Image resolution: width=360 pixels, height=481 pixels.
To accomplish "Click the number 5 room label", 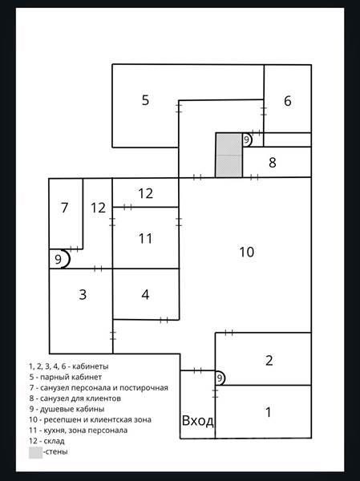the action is pos(145,100).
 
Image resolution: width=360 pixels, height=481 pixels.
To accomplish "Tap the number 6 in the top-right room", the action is pos(288,101).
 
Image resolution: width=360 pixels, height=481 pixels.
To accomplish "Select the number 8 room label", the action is pos(273,162).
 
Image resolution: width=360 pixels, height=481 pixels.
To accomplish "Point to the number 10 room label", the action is pos(246,252).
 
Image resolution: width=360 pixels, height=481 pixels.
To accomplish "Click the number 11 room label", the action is pos(145,238).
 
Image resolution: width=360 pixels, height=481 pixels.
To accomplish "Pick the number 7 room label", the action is pos(64,208).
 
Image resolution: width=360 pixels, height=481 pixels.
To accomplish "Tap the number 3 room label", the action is pos(83,294).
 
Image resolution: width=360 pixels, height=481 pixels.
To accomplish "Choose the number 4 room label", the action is pos(145,294).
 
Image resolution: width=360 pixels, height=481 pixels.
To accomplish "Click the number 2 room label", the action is pos(269,361).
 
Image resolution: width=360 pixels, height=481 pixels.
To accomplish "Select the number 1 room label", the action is pos(269,412).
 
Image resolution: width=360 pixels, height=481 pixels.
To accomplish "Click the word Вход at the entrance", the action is pos(198,420).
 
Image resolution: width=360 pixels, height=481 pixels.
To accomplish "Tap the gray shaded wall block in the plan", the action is pos(229,156).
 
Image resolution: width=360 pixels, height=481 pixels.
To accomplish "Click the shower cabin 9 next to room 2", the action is pos(220,378).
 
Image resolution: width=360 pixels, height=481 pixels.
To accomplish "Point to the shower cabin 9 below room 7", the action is pos(60,259).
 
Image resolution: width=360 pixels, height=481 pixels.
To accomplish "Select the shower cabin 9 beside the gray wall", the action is pos(247,139).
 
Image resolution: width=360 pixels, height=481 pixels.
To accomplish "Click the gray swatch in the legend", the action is pos(35,453).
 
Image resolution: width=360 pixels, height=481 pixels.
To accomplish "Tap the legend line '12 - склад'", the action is pos(47,441).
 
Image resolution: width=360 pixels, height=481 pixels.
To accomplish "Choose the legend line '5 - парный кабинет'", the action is pos(66,377).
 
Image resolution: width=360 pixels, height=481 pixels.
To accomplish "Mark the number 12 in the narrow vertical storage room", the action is pos(98,208).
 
